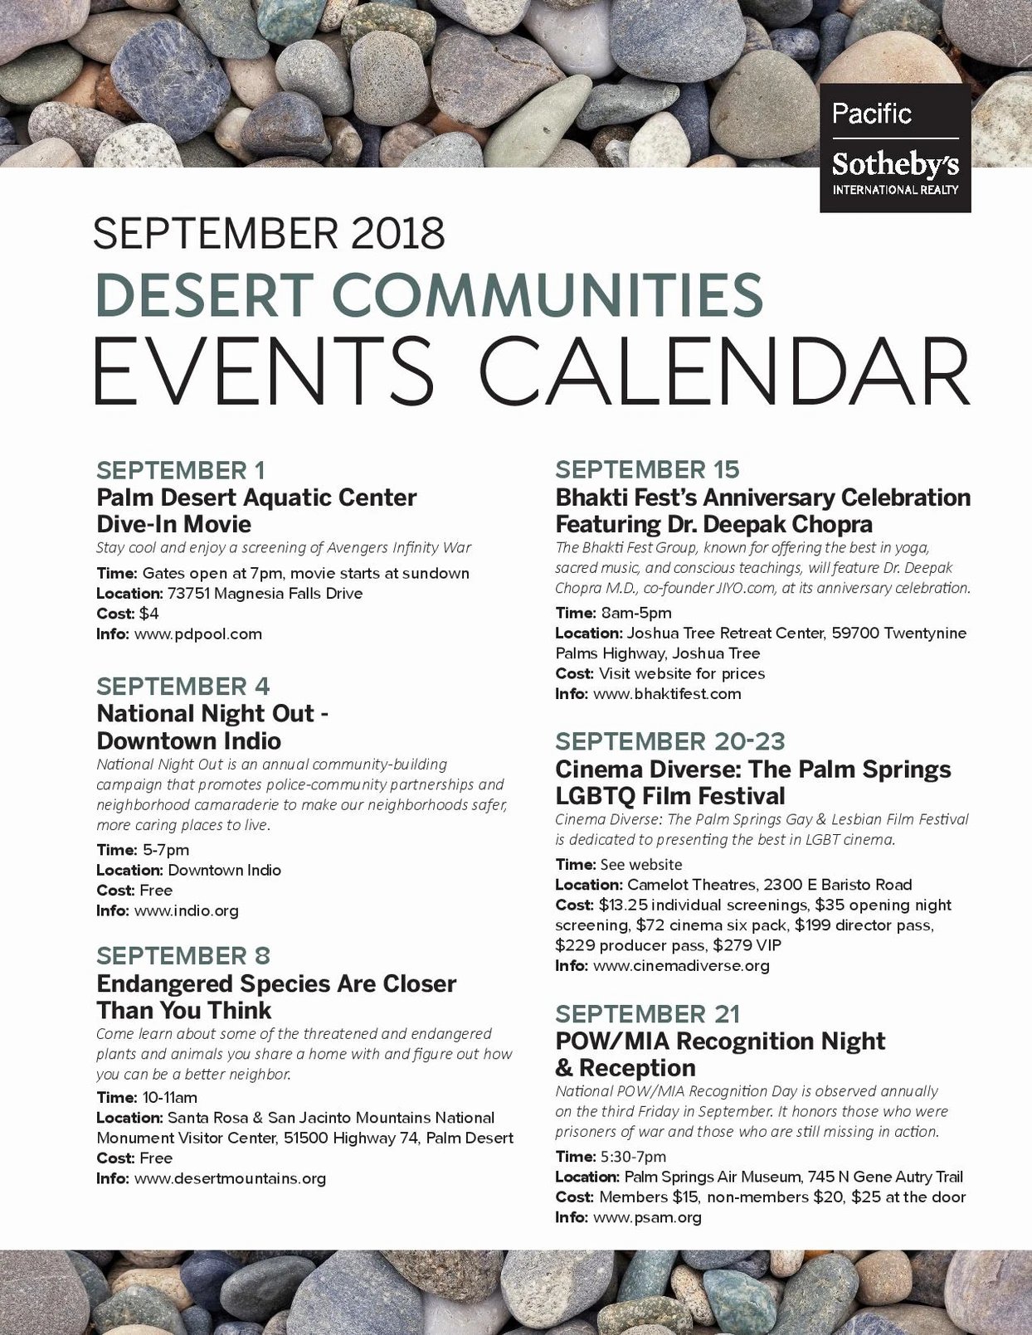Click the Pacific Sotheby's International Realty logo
click(894, 148)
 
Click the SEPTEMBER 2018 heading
click(269, 234)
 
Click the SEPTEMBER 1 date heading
click(181, 470)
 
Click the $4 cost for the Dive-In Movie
click(149, 614)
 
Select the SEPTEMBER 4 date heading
click(183, 687)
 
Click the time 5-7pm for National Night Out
click(166, 850)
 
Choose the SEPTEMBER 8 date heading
click(183, 956)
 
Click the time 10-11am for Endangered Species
click(170, 1098)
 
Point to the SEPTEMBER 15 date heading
click(647, 470)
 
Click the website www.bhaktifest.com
click(667, 694)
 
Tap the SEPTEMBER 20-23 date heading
click(670, 741)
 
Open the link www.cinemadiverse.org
click(681, 966)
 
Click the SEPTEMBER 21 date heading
click(647, 1014)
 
